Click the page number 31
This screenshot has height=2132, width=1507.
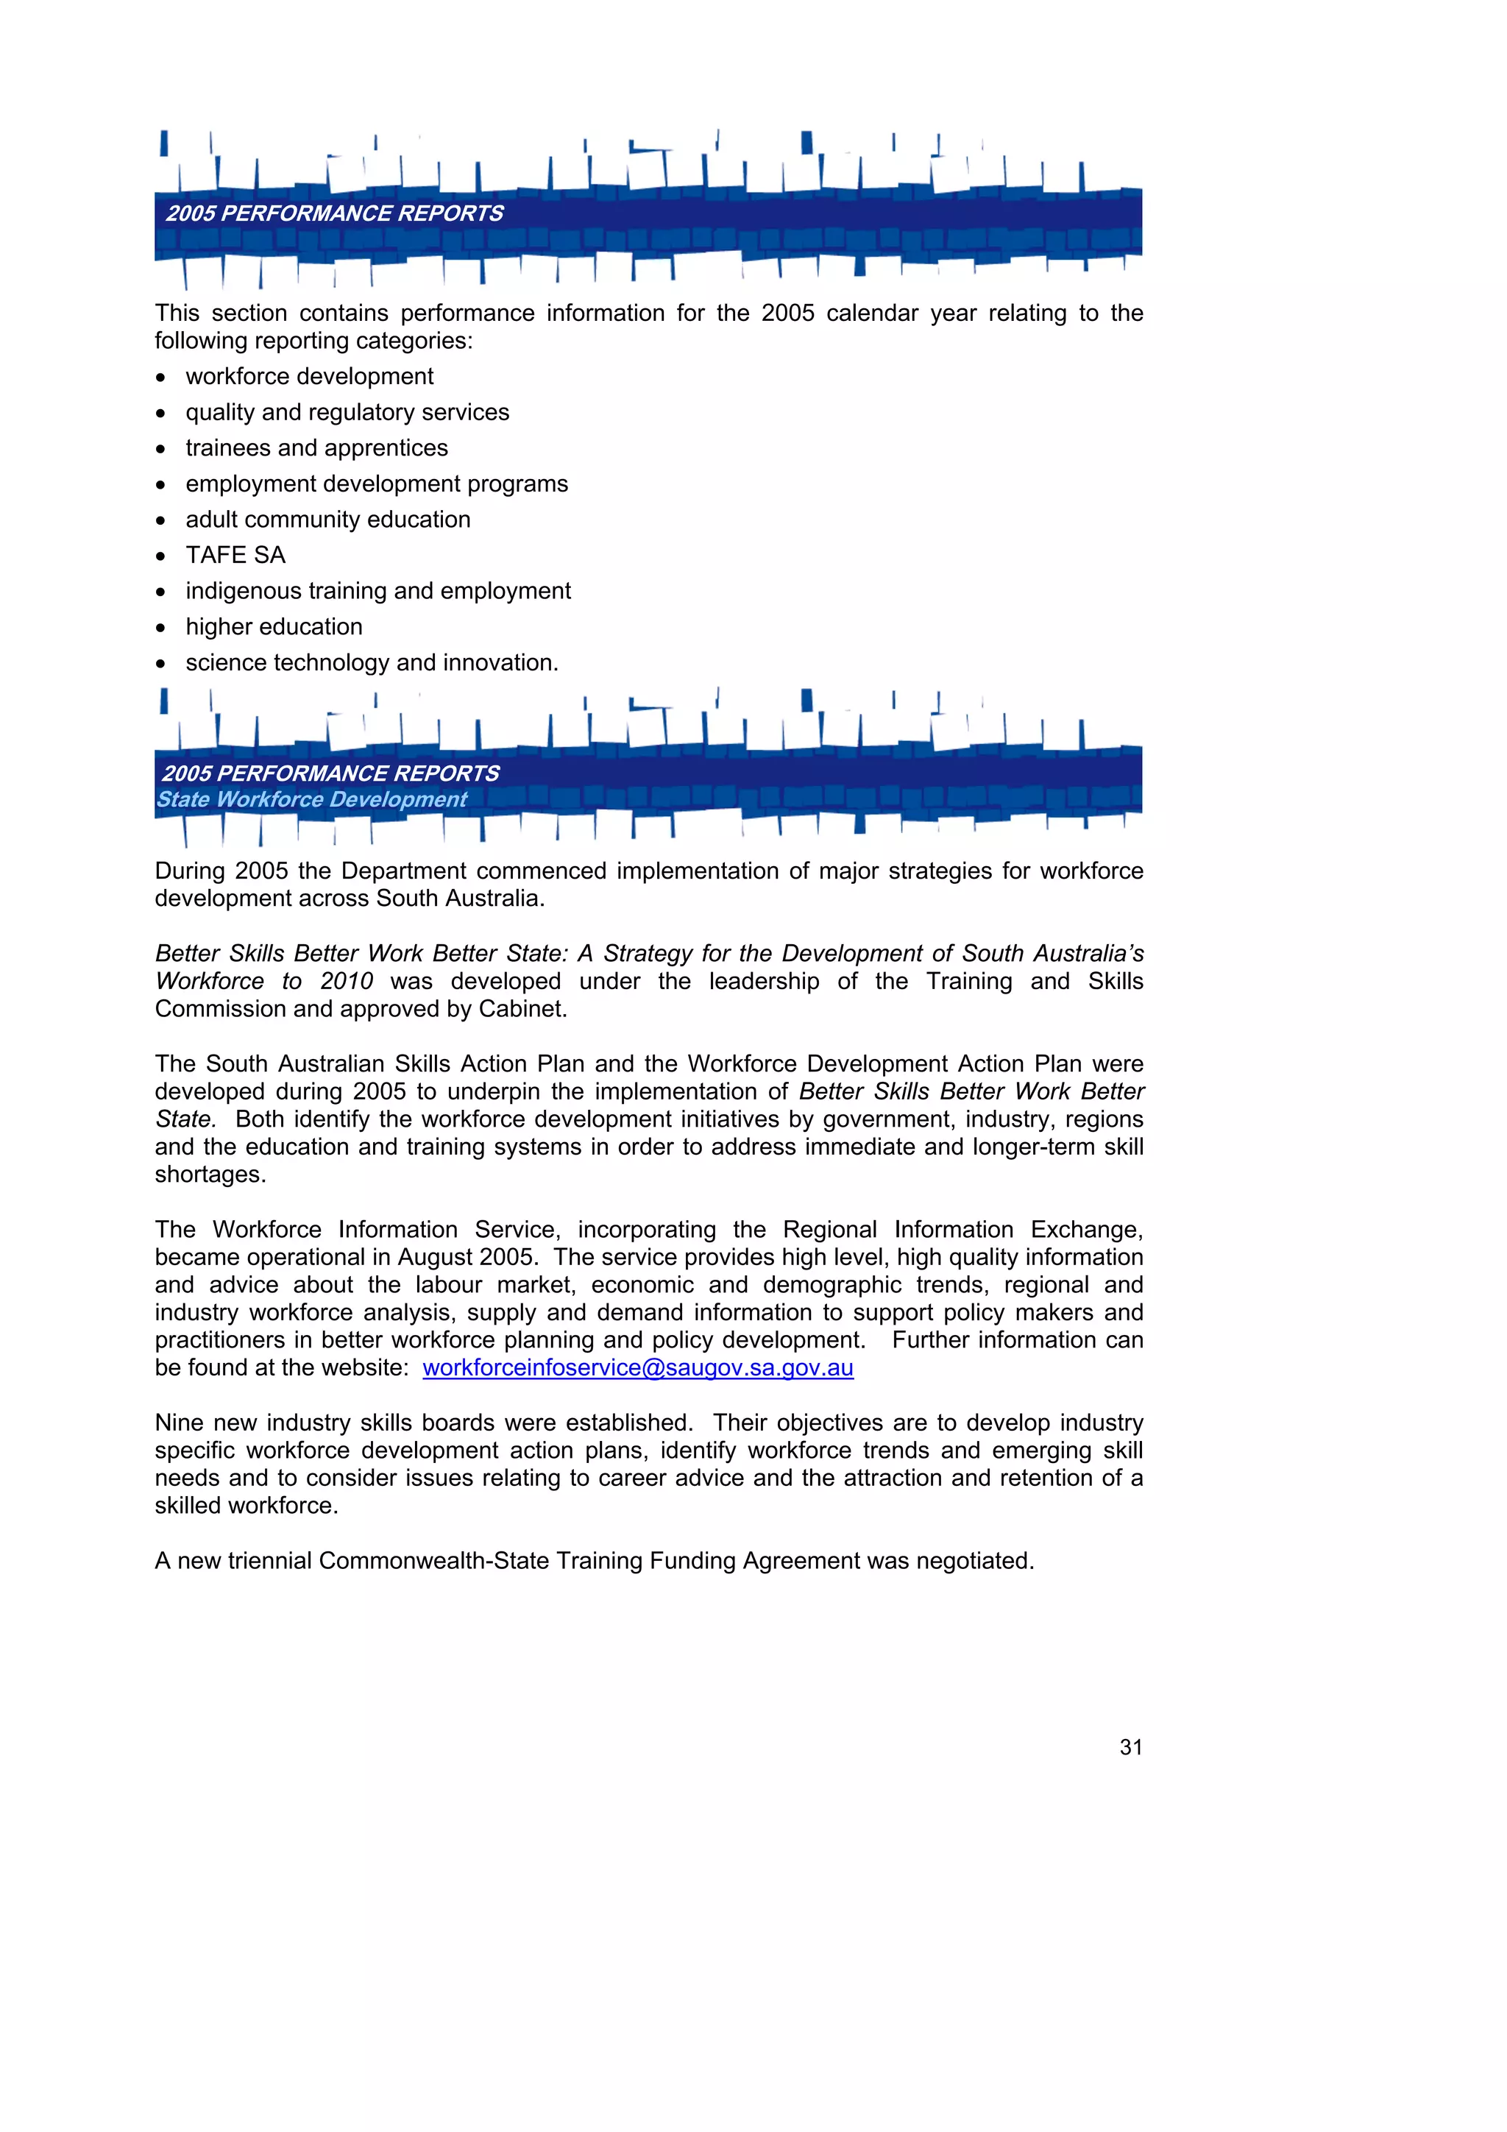tap(1130, 1746)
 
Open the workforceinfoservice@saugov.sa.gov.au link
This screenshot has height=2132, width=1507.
tap(638, 1368)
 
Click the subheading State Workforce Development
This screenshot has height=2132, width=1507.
tap(311, 799)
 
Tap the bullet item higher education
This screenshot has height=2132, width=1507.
tap(274, 627)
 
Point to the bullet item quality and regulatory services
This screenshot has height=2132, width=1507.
tap(347, 412)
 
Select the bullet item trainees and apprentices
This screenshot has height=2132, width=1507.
tap(316, 447)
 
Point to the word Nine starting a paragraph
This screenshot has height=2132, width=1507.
tap(180, 1423)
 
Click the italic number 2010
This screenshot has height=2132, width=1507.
tap(347, 982)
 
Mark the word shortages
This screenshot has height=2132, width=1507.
tap(210, 1175)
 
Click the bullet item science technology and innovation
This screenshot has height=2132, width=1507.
tap(372, 663)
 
